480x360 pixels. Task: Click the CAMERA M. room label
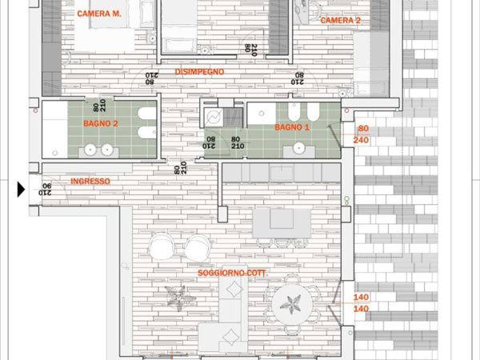point(99,14)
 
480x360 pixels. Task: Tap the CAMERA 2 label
point(341,21)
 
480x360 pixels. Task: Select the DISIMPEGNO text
point(199,72)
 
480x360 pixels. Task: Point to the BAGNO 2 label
point(101,124)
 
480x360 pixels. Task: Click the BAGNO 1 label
point(292,127)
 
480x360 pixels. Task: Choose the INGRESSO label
point(90,182)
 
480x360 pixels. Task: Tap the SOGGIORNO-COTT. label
point(233,273)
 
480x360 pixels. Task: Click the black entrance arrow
point(21,189)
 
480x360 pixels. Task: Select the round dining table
point(292,304)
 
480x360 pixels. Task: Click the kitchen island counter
point(282,223)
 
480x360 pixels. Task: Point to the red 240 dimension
point(361,140)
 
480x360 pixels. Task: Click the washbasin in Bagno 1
point(298,148)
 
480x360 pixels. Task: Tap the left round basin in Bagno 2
point(90,150)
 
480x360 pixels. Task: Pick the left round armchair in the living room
point(162,246)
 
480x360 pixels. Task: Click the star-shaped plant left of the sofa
point(179,298)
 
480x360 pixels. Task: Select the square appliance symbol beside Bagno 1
point(214,118)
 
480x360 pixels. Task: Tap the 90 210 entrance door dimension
point(45,189)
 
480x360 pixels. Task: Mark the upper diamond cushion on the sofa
point(234,288)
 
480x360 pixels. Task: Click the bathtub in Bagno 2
point(54,130)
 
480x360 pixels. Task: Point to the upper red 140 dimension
point(361,297)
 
